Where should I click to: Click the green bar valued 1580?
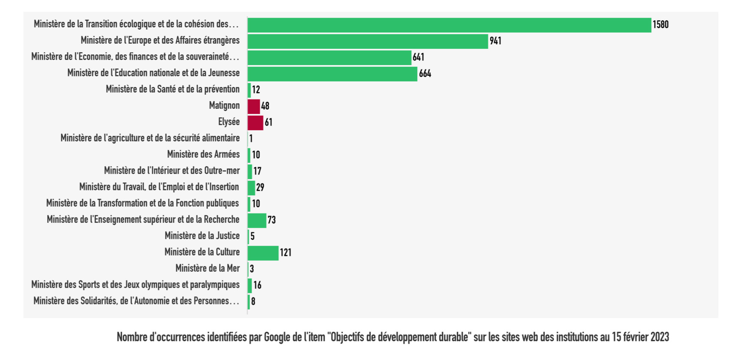click(x=449, y=25)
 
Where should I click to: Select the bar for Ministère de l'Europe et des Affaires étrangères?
click(x=367, y=41)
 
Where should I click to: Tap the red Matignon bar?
click(x=253, y=106)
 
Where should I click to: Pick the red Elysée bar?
click(x=255, y=123)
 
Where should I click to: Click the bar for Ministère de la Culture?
click(x=263, y=253)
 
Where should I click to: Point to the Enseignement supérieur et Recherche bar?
click(x=257, y=220)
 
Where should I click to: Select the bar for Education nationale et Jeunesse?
click(x=332, y=74)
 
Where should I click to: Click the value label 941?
click(x=495, y=41)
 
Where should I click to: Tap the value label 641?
click(x=418, y=57)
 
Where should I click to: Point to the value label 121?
click(x=286, y=253)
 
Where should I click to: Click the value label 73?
click(x=271, y=220)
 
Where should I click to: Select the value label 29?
click(x=260, y=188)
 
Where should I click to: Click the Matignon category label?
click(x=224, y=105)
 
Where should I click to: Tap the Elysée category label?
click(x=229, y=122)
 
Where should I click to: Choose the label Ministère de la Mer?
click(x=208, y=268)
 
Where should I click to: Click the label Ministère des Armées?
click(x=203, y=154)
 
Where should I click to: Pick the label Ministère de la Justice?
click(x=202, y=236)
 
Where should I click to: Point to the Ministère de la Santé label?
click(x=172, y=89)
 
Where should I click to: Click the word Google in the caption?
click(x=277, y=337)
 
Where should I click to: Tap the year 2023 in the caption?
click(x=659, y=337)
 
